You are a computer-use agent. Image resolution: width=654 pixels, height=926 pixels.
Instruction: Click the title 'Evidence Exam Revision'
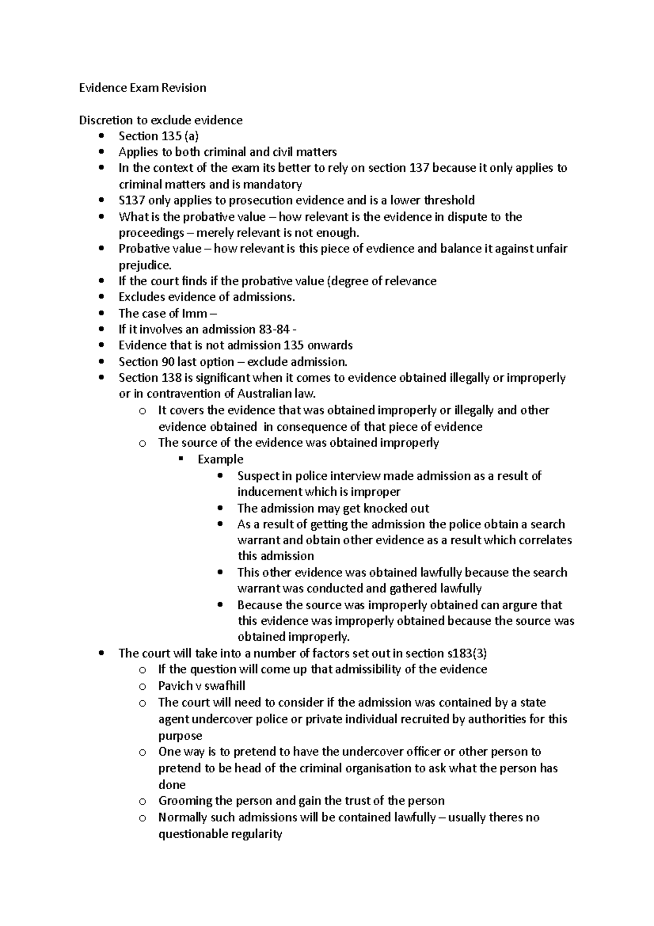tap(143, 88)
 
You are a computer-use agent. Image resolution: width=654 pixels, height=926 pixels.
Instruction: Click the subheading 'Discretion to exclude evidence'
tap(161, 120)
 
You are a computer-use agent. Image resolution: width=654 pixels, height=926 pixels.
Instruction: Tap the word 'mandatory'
tap(275, 184)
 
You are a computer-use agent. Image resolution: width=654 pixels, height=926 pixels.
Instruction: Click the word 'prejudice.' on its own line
tap(145, 266)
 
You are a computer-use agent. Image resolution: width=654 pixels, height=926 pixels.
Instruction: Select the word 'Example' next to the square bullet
tap(220, 459)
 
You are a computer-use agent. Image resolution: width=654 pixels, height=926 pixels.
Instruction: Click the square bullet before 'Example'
tap(182, 459)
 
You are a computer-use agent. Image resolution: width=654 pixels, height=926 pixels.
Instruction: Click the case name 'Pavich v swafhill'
tap(202, 686)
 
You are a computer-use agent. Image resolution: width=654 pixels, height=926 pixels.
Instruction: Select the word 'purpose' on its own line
tap(180, 736)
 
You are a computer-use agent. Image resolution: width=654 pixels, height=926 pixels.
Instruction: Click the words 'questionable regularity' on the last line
tap(220, 834)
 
